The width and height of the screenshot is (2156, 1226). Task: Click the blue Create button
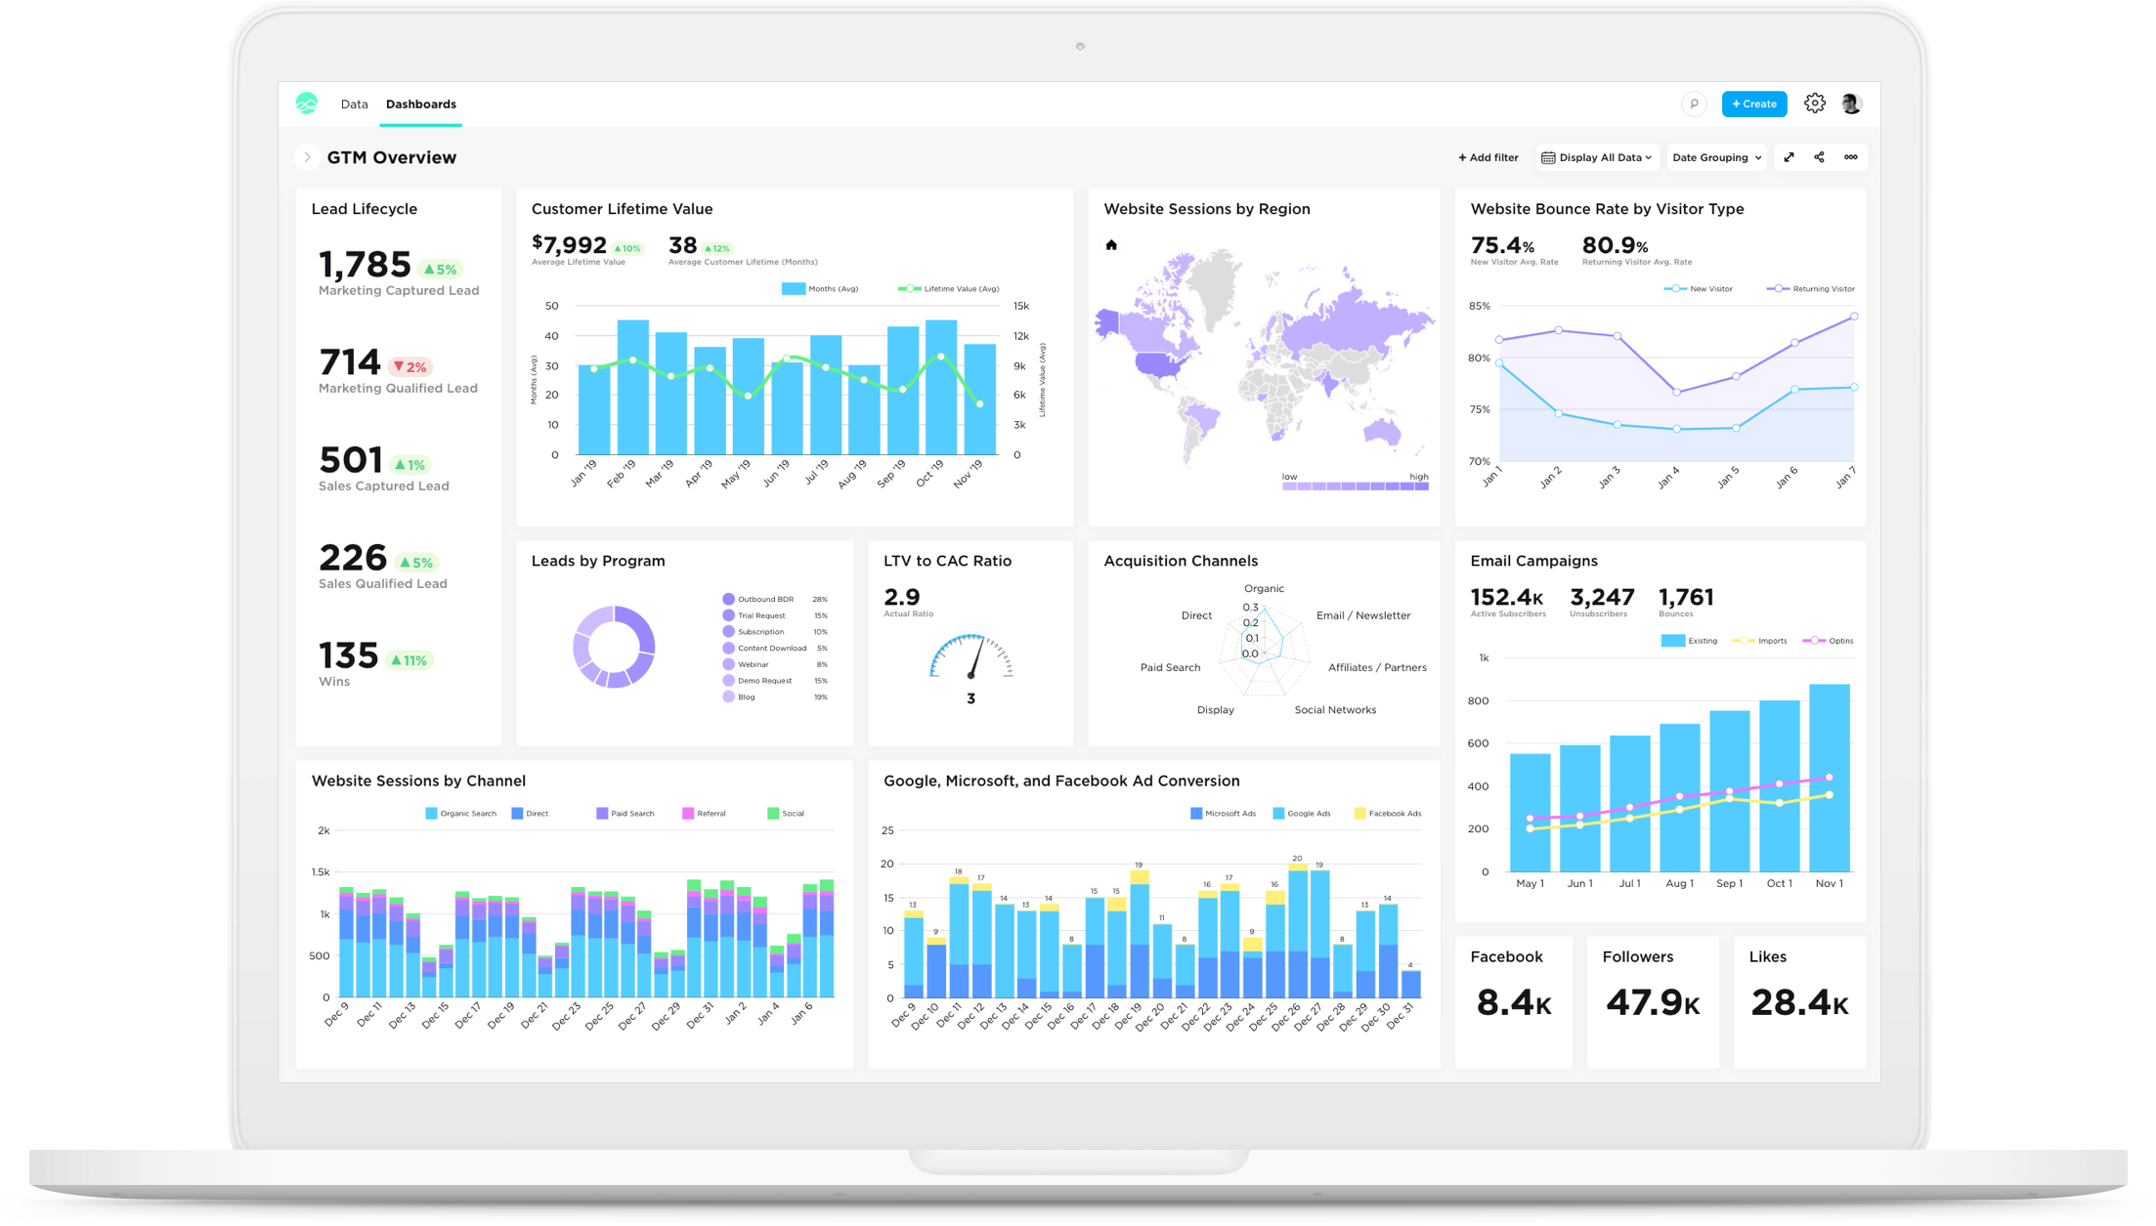click(x=1753, y=104)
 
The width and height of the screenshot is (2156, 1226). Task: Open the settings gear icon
click(x=1814, y=104)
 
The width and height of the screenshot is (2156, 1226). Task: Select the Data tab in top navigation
click(x=354, y=104)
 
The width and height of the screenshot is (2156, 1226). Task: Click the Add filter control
click(x=1488, y=157)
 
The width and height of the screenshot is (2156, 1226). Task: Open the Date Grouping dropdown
click(x=1716, y=157)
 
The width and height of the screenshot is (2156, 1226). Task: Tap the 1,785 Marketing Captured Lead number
click(x=365, y=265)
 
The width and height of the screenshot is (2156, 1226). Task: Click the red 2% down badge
click(x=410, y=367)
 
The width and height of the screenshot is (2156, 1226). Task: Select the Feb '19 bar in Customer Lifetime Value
click(x=632, y=386)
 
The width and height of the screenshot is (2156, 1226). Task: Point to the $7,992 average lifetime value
click(x=570, y=245)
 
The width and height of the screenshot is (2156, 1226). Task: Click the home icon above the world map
click(x=1110, y=245)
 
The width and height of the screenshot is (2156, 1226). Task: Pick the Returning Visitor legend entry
click(x=1811, y=289)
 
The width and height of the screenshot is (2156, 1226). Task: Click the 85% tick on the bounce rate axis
click(x=1479, y=306)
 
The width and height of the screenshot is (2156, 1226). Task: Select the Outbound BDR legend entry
click(x=764, y=599)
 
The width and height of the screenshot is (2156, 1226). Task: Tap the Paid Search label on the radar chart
click(x=1170, y=667)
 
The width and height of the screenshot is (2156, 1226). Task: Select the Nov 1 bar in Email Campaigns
click(x=1829, y=777)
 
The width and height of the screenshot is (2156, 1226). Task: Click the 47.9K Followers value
click(x=1652, y=1002)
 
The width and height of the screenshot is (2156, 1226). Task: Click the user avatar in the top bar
click(x=1850, y=104)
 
